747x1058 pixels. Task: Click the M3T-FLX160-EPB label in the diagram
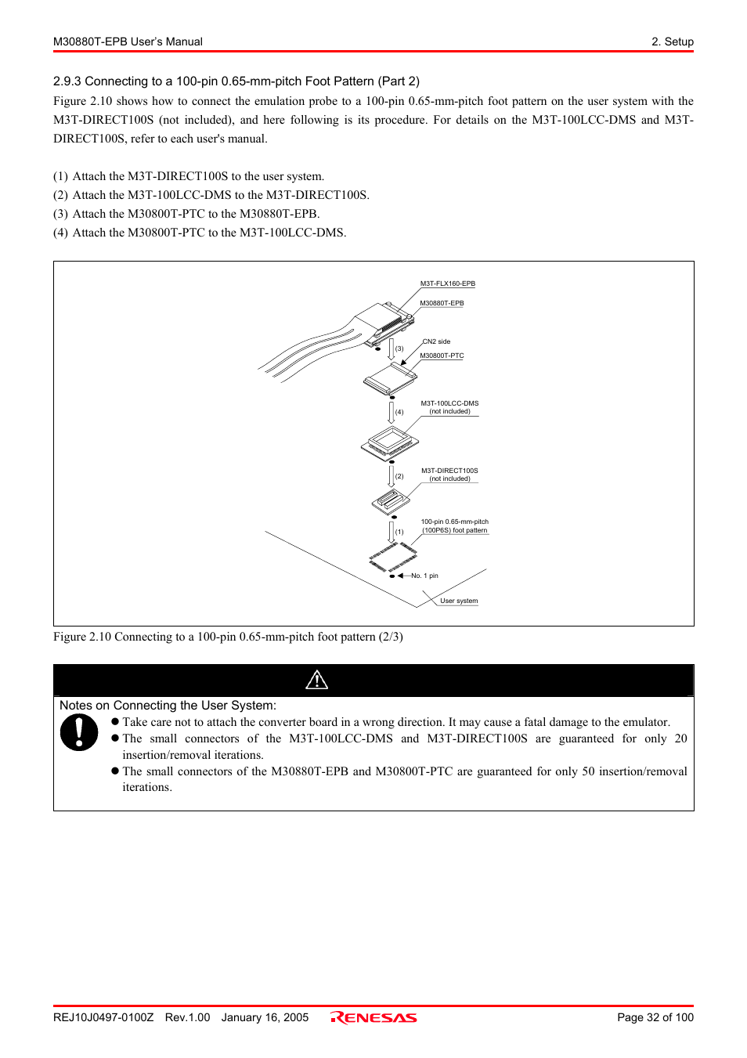tap(447, 283)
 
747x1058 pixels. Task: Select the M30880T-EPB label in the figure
tap(442, 303)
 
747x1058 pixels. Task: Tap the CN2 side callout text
tap(437, 341)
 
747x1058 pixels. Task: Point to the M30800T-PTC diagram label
tap(442, 356)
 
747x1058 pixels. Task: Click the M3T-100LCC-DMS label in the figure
tap(449, 403)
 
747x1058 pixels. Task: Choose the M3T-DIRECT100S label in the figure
tap(449, 471)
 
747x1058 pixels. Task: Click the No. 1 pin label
tap(424, 576)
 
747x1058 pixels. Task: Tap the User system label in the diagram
tap(459, 601)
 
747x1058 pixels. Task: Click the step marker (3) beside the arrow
tap(399, 348)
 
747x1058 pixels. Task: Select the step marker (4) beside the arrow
tap(399, 412)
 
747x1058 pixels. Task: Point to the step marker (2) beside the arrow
tap(399, 476)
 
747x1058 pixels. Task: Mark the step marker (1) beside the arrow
tap(399, 532)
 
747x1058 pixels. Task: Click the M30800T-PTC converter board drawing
tap(389, 379)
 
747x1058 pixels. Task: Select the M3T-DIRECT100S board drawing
tap(390, 500)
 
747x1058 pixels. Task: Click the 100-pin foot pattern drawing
tap(392, 558)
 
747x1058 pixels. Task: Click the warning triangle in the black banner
tap(317, 680)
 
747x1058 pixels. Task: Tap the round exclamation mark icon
tap(79, 733)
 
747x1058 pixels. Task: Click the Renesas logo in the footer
tap(373, 1017)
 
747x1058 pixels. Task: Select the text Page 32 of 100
tap(655, 1017)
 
